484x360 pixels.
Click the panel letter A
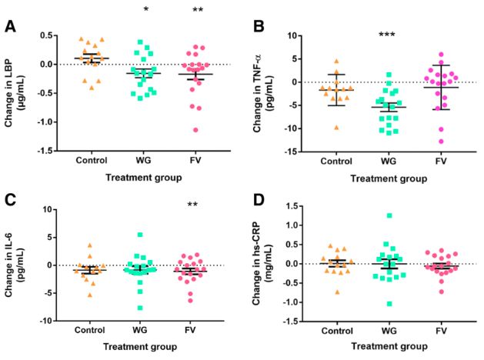click(10, 26)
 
